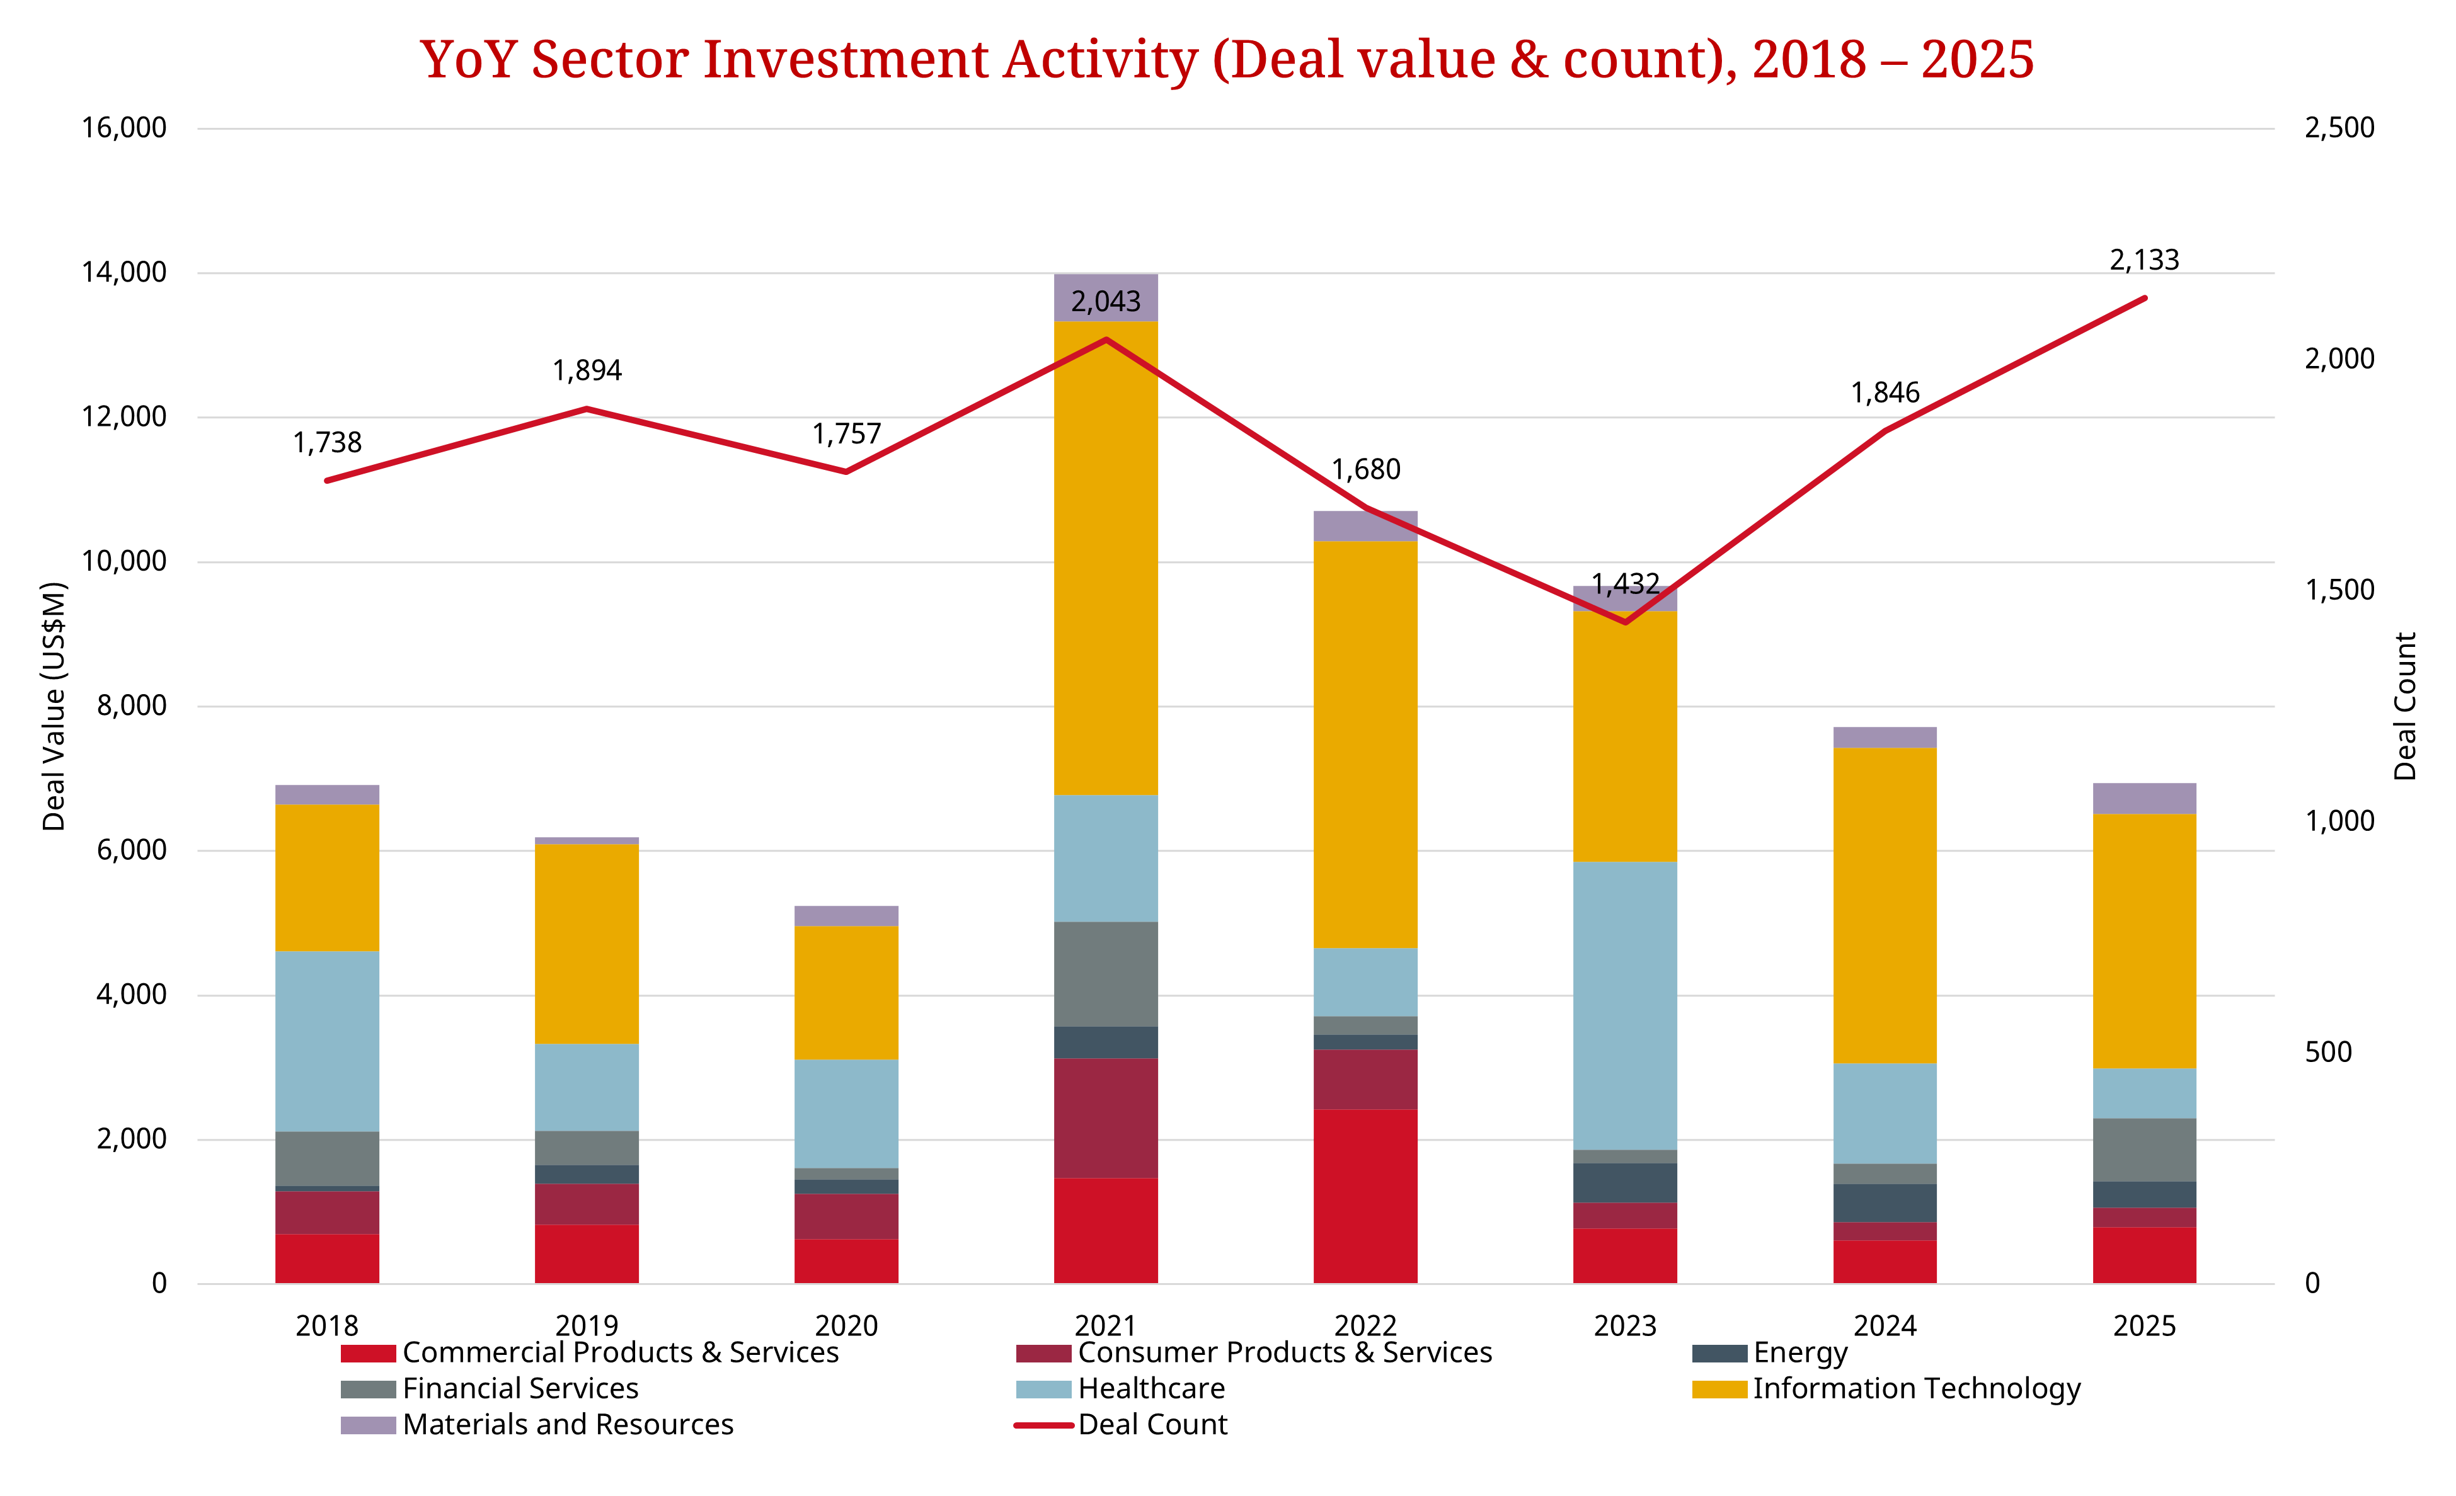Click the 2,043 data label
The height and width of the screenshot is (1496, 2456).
tap(1105, 301)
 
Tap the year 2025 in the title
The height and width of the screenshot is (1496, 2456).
tap(1977, 60)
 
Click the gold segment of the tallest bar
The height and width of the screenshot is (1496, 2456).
tap(1105, 558)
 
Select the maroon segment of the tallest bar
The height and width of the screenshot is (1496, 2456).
tap(1105, 1117)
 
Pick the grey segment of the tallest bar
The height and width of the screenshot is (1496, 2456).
tap(1105, 974)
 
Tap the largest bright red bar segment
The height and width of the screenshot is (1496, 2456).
tap(1365, 1196)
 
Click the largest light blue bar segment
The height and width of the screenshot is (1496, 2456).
tap(1625, 1006)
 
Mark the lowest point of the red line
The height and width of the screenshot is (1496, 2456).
tap(1626, 622)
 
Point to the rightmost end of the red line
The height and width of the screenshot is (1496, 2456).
tap(2144, 298)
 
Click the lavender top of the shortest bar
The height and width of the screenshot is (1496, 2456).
tap(846, 916)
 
